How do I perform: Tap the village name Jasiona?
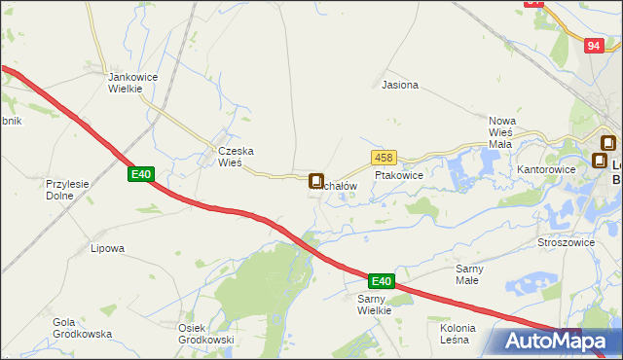pyautogui.click(x=400, y=85)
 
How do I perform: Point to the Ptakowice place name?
pyautogui.click(x=398, y=176)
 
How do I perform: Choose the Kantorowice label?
pyautogui.click(x=547, y=169)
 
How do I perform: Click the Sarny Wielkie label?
pyautogui.click(x=374, y=305)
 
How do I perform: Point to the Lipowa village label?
pyautogui.click(x=107, y=248)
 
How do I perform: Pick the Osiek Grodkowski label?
pyautogui.click(x=205, y=333)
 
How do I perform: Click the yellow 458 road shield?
pyautogui.click(x=383, y=158)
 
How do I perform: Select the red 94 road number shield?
pyautogui.click(x=595, y=46)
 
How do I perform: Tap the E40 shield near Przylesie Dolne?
pyautogui.click(x=141, y=174)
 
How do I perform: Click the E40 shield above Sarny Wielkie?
pyautogui.click(x=382, y=281)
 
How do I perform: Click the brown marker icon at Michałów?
pyautogui.click(x=316, y=181)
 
